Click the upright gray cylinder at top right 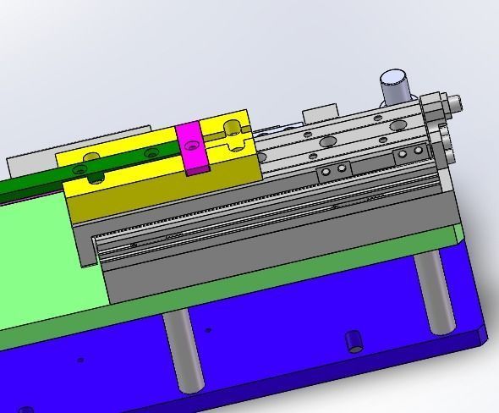[x=393, y=87]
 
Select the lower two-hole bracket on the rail [x=332, y=172]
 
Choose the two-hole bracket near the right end [x=413, y=153]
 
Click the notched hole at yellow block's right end [x=230, y=129]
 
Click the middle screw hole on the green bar [x=151, y=153]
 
